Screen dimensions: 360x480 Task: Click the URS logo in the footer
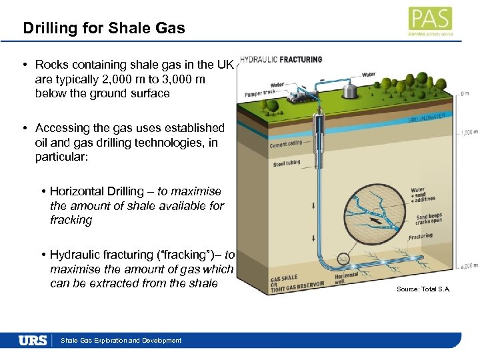click(33, 341)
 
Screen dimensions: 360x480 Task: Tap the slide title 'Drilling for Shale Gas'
click(104, 28)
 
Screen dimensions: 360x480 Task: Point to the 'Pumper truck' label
click(260, 93)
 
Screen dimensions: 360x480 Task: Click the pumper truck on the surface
click(297, 97)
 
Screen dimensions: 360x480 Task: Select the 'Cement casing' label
click(285, 143)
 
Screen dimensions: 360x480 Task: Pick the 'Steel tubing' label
click(287, 163)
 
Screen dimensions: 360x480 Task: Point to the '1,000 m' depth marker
click(467, 133)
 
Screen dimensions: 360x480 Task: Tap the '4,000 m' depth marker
click(467, 265)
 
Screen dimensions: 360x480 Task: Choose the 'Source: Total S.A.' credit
click(423, 289)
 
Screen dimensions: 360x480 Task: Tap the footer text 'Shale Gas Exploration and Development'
click(121, 341)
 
